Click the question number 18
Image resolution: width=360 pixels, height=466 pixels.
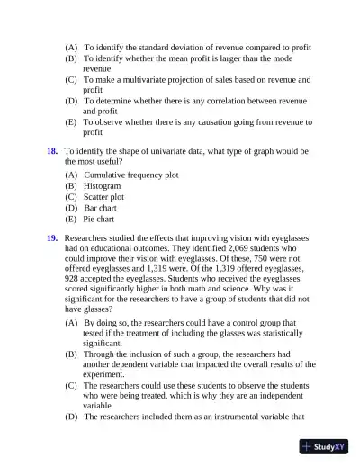click(52, 151)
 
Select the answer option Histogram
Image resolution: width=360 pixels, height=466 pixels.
click(102, 185)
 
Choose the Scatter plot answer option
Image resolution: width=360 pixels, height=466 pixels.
click(103, 196)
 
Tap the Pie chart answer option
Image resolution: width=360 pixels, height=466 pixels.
click(99, 219)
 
